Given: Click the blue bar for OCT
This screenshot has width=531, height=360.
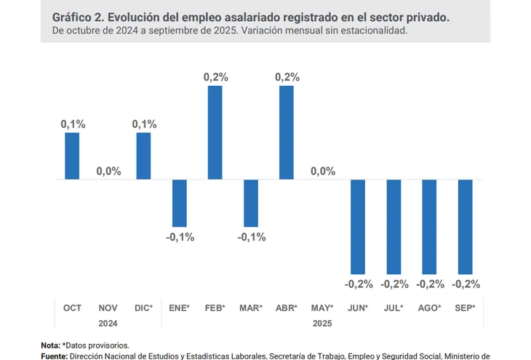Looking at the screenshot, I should click(x=72, y=156).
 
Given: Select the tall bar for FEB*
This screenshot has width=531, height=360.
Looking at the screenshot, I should click(x=215, y=132).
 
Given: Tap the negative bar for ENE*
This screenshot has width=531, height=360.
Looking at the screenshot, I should click(x=179, y=203).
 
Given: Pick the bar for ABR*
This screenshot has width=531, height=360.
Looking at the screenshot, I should click(x=286, y=132).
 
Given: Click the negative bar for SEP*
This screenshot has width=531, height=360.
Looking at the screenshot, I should click(x=465, y=226).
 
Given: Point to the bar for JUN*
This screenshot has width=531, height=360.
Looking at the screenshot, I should click(x=358, y=226).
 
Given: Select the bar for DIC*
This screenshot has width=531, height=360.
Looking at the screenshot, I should click(x=143, y=156).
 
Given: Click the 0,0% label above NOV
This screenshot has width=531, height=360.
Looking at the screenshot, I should click(x=108, y=171).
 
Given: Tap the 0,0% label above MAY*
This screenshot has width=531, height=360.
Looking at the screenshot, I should click(x=322, y=171).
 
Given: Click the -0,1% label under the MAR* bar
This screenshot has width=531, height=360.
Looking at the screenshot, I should click(x=251, y=237).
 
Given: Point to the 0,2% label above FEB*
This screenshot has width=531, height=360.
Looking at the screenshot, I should click(x=215, y=76).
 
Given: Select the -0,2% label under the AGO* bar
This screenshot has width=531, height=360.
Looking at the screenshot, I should click(x=430, y=284).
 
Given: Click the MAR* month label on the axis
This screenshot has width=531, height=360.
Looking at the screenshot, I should click(x=251, y=308).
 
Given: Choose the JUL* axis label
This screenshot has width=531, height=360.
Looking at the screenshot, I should click(x=394, y=308).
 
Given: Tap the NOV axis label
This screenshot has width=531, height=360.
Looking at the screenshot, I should click(x=108, y=308).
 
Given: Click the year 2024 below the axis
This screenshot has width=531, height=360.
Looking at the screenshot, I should click(x=108, y=322).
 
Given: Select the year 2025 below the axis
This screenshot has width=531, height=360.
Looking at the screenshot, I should click(x=322, y=322).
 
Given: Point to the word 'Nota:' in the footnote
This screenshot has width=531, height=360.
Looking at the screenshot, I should click(x=51, y=345).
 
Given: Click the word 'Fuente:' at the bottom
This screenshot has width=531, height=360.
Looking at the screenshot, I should click(x=54, y=356).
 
